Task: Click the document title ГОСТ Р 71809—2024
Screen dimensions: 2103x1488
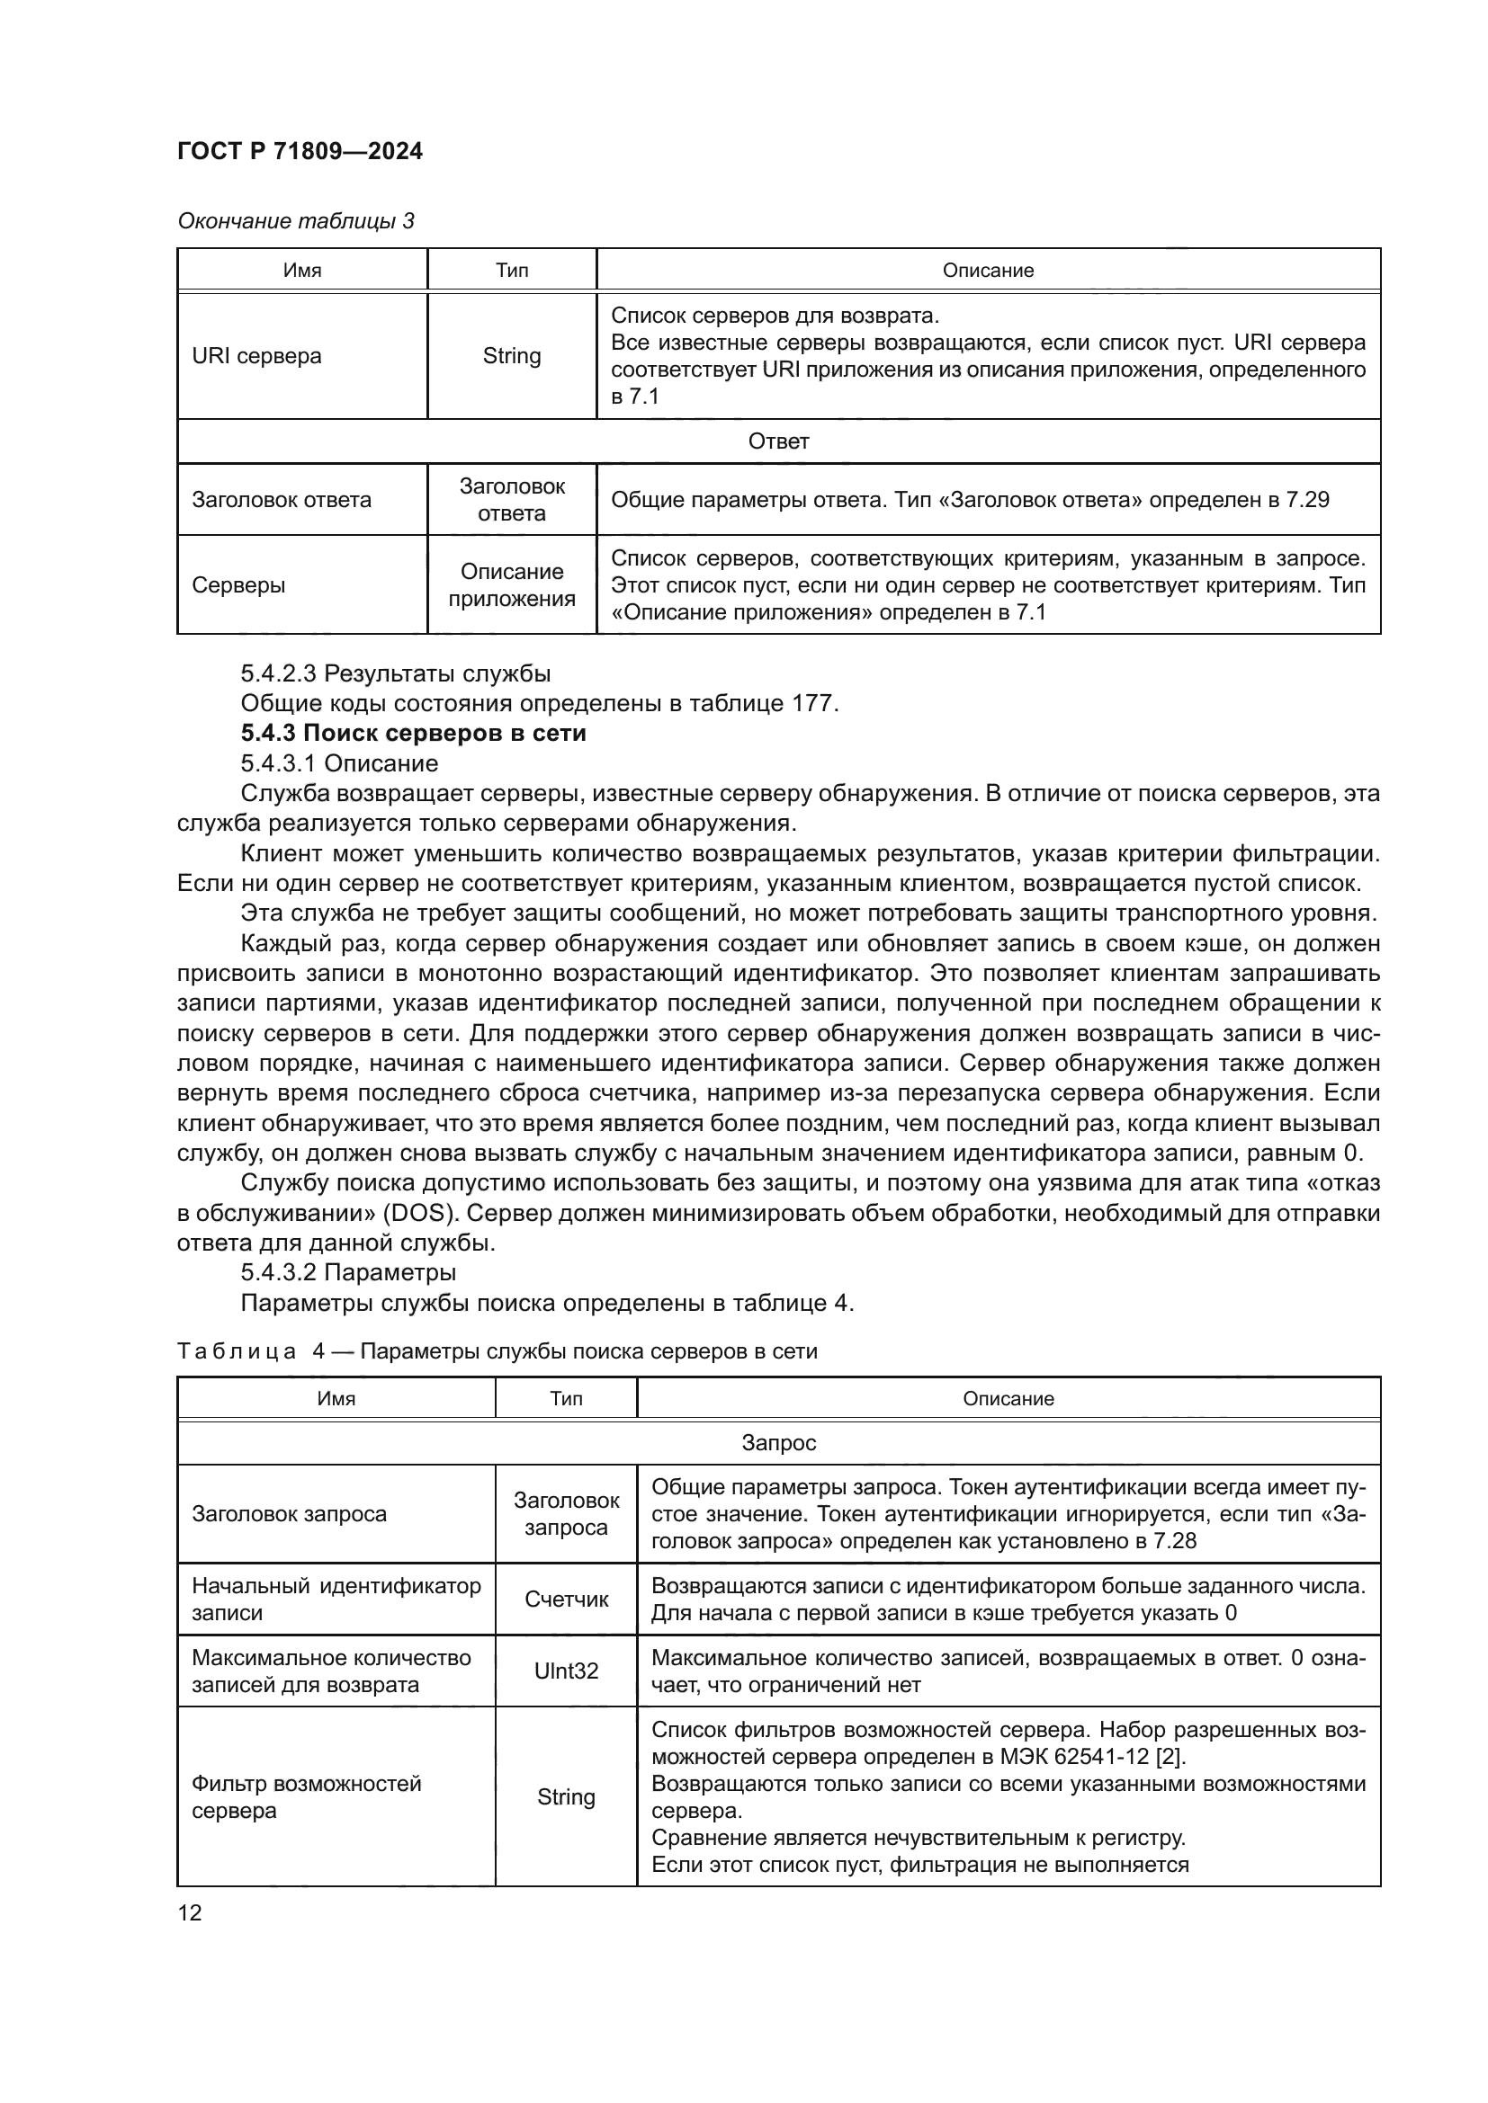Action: (x=300, y=151)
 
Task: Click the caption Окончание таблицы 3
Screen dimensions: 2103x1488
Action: (x=295, y=221)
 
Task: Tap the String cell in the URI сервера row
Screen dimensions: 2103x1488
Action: (x=511, y=355)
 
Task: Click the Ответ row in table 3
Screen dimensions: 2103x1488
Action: (x=778, y=441)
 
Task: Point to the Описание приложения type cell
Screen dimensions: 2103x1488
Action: (x=511, y=584)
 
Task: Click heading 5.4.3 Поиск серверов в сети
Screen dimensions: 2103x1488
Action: (x=413, y=733)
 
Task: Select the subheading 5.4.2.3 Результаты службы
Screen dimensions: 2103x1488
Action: (x=396, y=673)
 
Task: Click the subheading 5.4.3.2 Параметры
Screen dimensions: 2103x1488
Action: (x=348, y=1272)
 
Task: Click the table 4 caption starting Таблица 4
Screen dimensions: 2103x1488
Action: (x=497, y=1351)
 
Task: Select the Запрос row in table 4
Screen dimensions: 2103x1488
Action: (x=778, y=1442)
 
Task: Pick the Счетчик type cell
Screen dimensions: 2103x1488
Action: (x=565, y=1600)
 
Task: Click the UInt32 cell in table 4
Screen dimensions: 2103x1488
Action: (x=565, y=1671)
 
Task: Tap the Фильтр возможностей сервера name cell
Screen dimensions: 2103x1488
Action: (x=306, y=1797)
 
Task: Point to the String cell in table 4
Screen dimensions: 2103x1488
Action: (x=565, y=1797)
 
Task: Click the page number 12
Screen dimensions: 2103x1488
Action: (x=190, y=1912)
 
